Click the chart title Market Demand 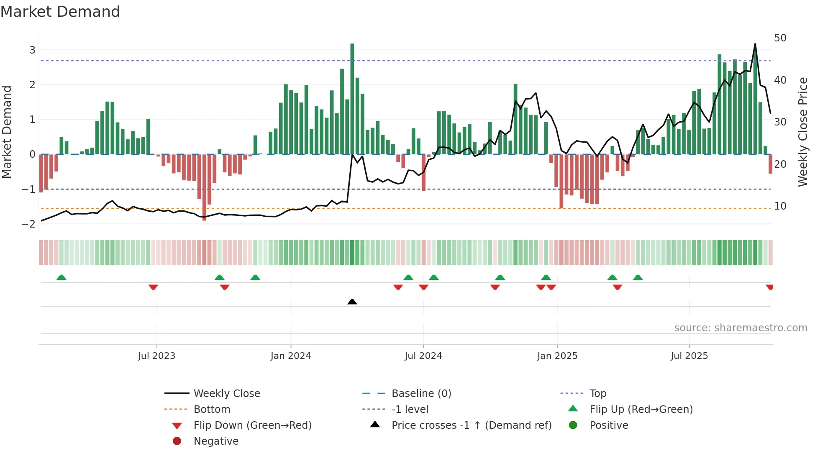(x=60, y=12)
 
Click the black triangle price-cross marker (x=352, y=302)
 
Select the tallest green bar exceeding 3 (x=352, y=99)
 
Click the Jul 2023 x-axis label (x=156, y=356)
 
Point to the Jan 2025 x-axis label (x=557, y=356)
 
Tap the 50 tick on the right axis (x=780, y=38)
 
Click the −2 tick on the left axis (x=28, y=224)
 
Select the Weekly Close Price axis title (x=802, y=132)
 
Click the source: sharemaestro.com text (x=741, y=328)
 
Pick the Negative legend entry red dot (x=177, y=441)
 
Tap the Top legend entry (x=597, y=394)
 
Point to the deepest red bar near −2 (x=204, y=188)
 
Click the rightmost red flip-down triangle (x=769, y=287)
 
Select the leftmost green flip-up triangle (x=61, y=277)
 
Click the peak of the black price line (x=755, y=44)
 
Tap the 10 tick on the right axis (x=780, y=206)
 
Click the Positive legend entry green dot (x=573, y=425)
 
